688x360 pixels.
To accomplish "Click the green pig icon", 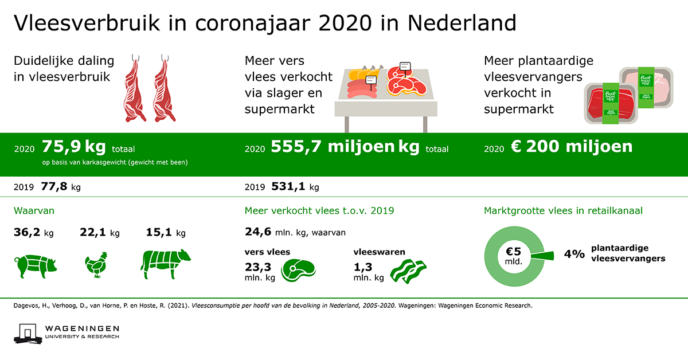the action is coord(36,266).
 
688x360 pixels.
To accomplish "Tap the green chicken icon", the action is coord(96,265).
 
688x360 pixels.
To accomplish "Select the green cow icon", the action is coord(165,264).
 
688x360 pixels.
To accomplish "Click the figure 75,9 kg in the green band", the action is coord(74,147).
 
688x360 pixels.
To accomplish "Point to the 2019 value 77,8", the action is coord(54,186).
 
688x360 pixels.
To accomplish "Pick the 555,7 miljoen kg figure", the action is coord(345,147).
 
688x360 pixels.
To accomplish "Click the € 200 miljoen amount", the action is coord(572,146).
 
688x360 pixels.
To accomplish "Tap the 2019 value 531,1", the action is coord(288,186).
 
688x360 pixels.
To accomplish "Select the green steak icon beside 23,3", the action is coord(298,271).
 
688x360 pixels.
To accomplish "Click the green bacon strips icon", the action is coord(408,271).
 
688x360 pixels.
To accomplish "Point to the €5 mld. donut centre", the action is coord(514,256).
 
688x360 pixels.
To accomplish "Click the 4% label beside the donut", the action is coord(574,254).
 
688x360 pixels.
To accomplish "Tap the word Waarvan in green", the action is coord(34,211).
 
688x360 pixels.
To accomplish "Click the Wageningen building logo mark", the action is coord(28,334).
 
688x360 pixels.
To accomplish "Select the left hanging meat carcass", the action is coord(135,88).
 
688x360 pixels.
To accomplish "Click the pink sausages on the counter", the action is coord(362,89).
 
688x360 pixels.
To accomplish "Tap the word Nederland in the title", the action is coord(462,23).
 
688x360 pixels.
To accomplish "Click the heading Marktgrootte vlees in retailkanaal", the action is coord(563,211).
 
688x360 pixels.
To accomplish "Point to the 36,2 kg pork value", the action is coord(33,233).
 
